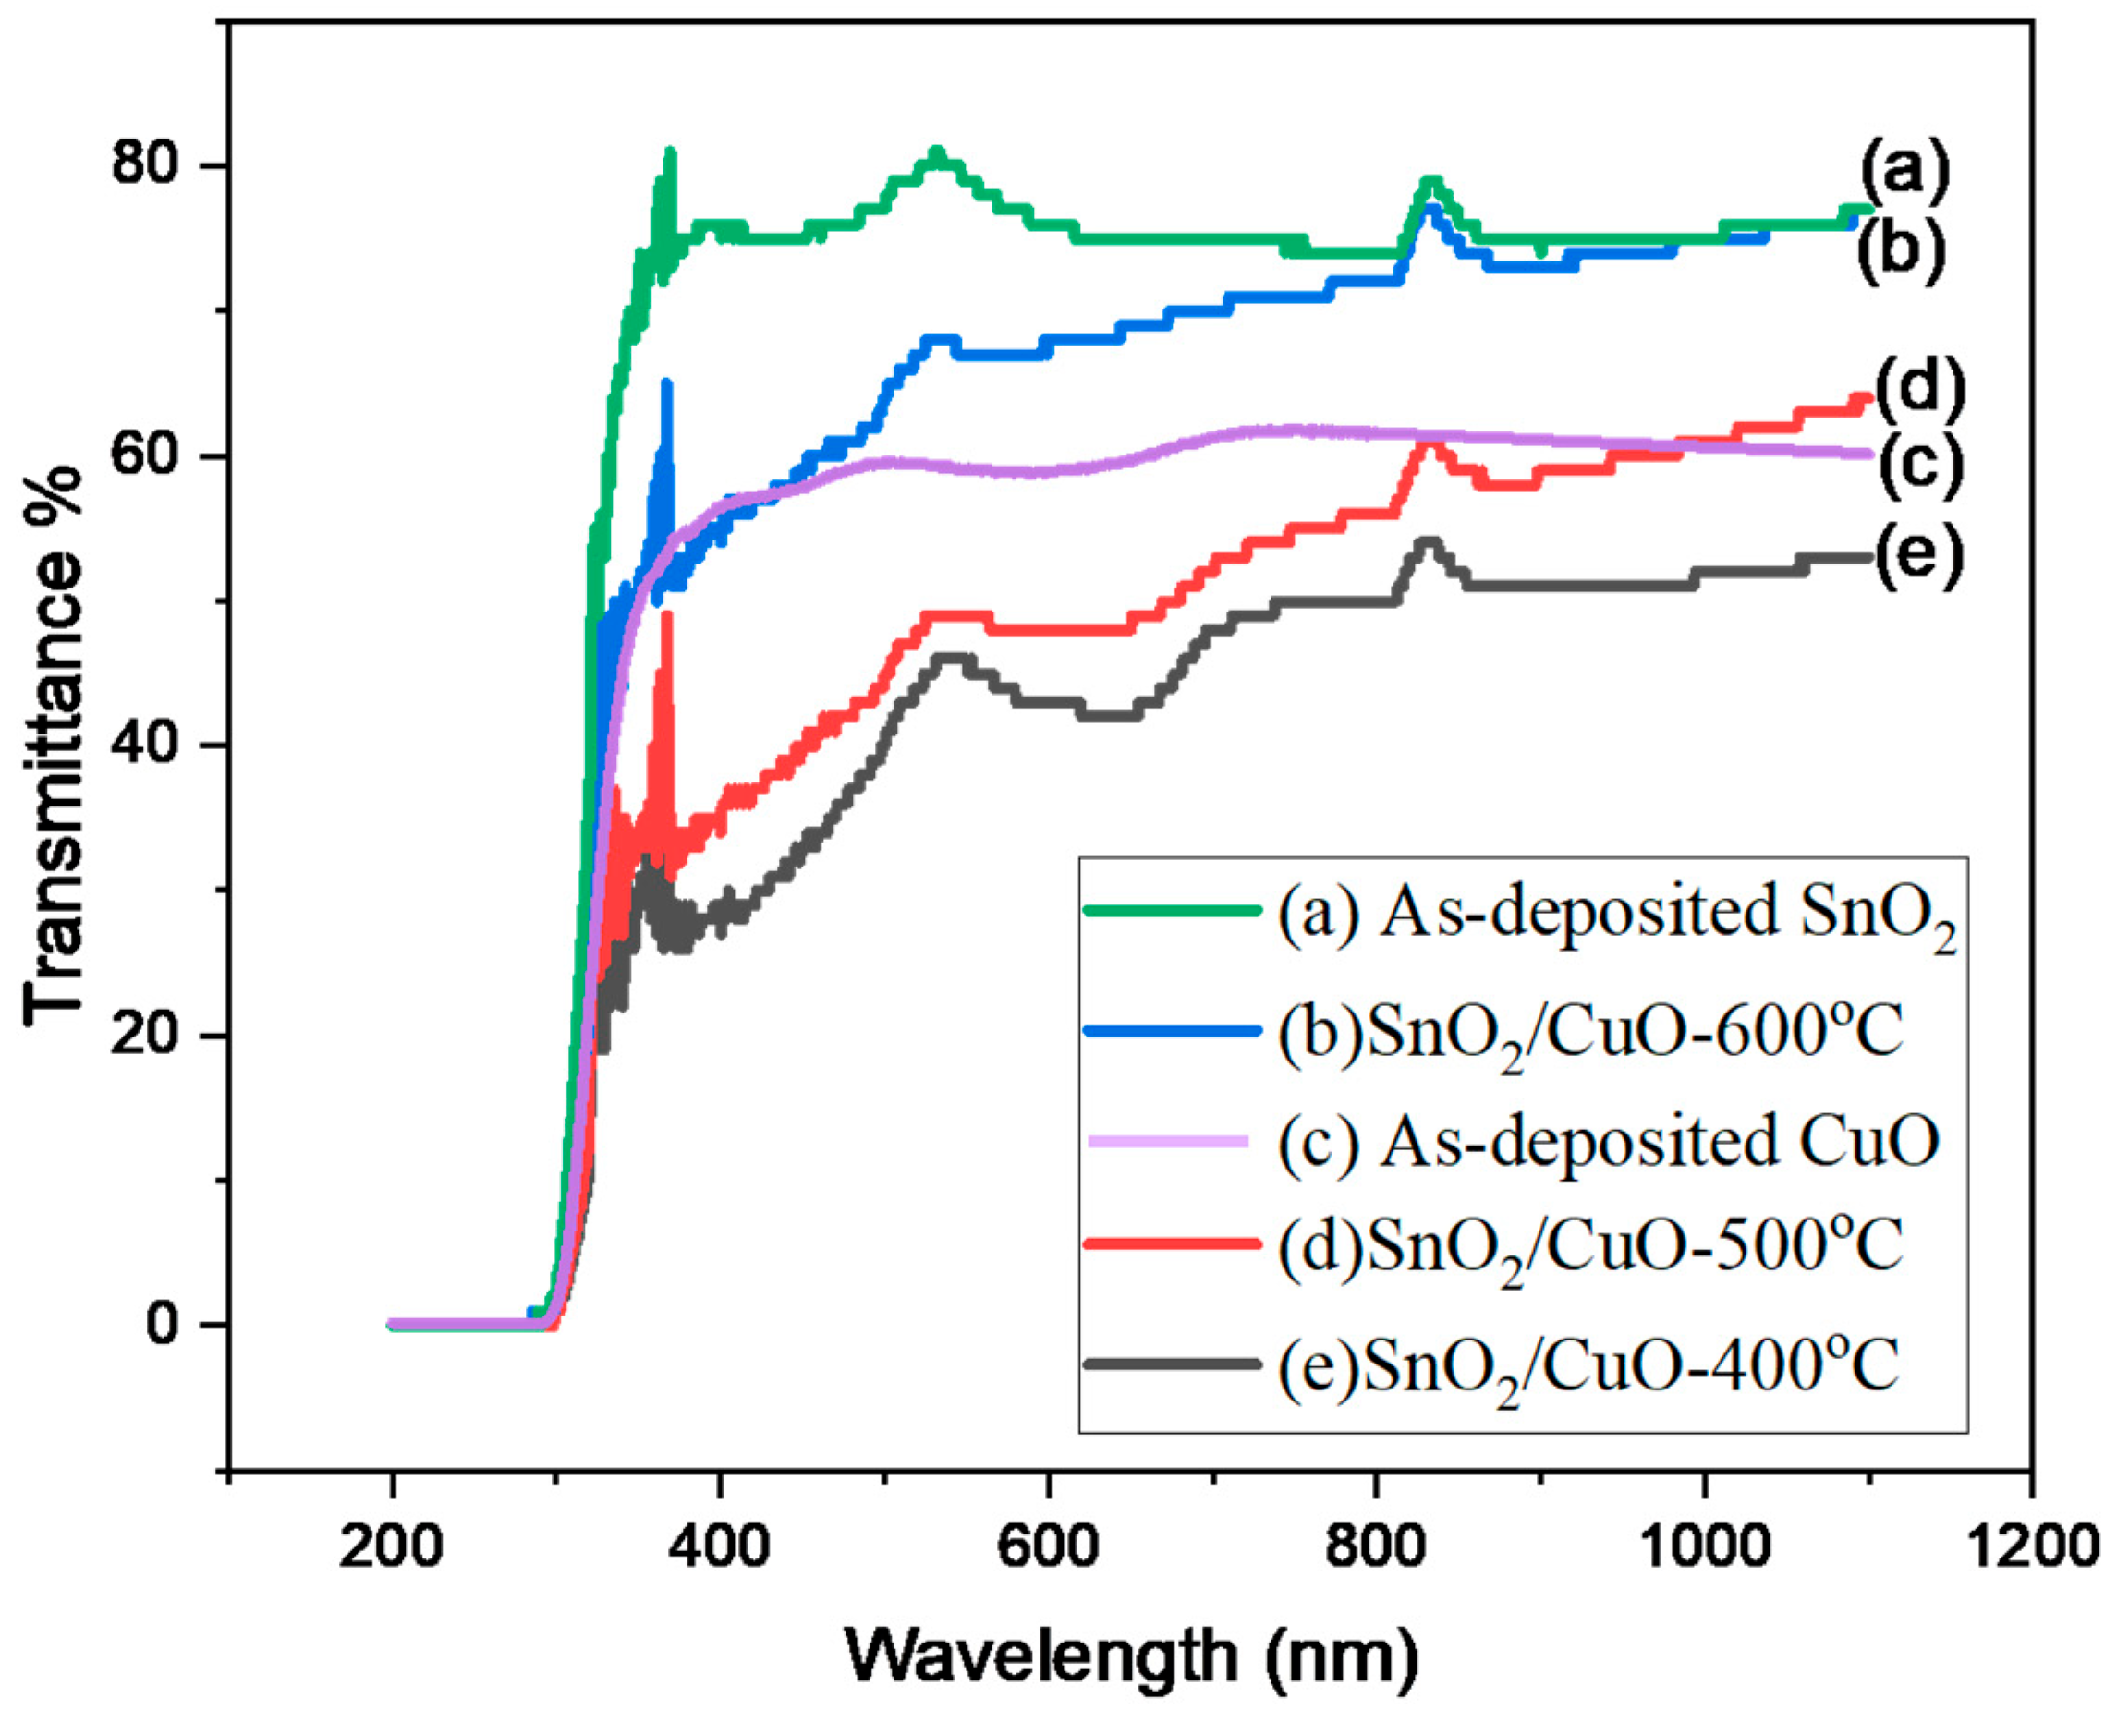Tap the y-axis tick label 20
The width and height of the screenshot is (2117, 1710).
[148, 1036]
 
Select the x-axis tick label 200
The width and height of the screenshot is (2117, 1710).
[391, 1547]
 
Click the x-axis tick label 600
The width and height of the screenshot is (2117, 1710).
[1047, 1547]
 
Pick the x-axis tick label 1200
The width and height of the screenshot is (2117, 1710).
[2029, 1547]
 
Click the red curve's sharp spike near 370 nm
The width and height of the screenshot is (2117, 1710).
[667, 621]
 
